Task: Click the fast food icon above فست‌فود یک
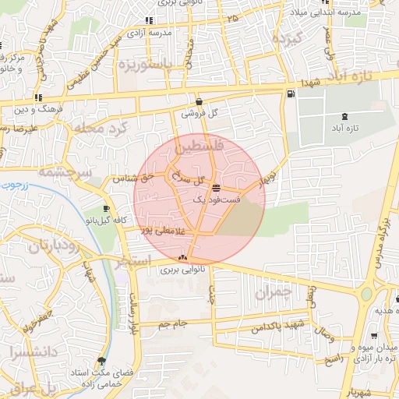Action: (216, 188)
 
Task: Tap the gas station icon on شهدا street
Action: (291, 94)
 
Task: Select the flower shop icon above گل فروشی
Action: (199, 101)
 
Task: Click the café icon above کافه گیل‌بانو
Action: (107, 209)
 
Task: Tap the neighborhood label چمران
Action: (272, 293)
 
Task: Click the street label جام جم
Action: (174, 323)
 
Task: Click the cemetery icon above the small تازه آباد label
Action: (344, 116)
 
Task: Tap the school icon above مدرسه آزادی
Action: (148, 21)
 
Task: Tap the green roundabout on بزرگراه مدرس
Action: (366, 295)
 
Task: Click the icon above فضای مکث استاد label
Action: (101, 361)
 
